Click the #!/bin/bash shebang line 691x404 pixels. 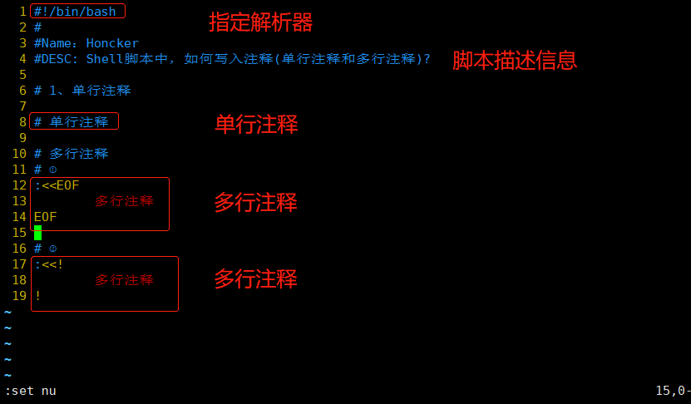76,12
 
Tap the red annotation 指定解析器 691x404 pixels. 260,22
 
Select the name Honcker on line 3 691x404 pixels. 112,43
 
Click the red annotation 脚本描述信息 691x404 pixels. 514,61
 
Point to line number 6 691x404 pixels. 22,90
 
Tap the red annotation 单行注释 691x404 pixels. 256,125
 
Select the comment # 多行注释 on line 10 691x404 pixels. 72,154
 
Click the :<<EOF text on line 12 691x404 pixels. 57,185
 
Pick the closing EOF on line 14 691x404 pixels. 46,217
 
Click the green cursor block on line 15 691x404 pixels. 37,233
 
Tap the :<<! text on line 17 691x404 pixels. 49,264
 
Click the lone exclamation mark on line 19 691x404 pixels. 37,296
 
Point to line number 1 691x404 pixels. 22,12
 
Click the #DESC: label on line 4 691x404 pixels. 57,59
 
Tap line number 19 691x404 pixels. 19,296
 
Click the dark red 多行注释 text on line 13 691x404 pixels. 124,201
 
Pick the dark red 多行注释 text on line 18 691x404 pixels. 124,280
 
